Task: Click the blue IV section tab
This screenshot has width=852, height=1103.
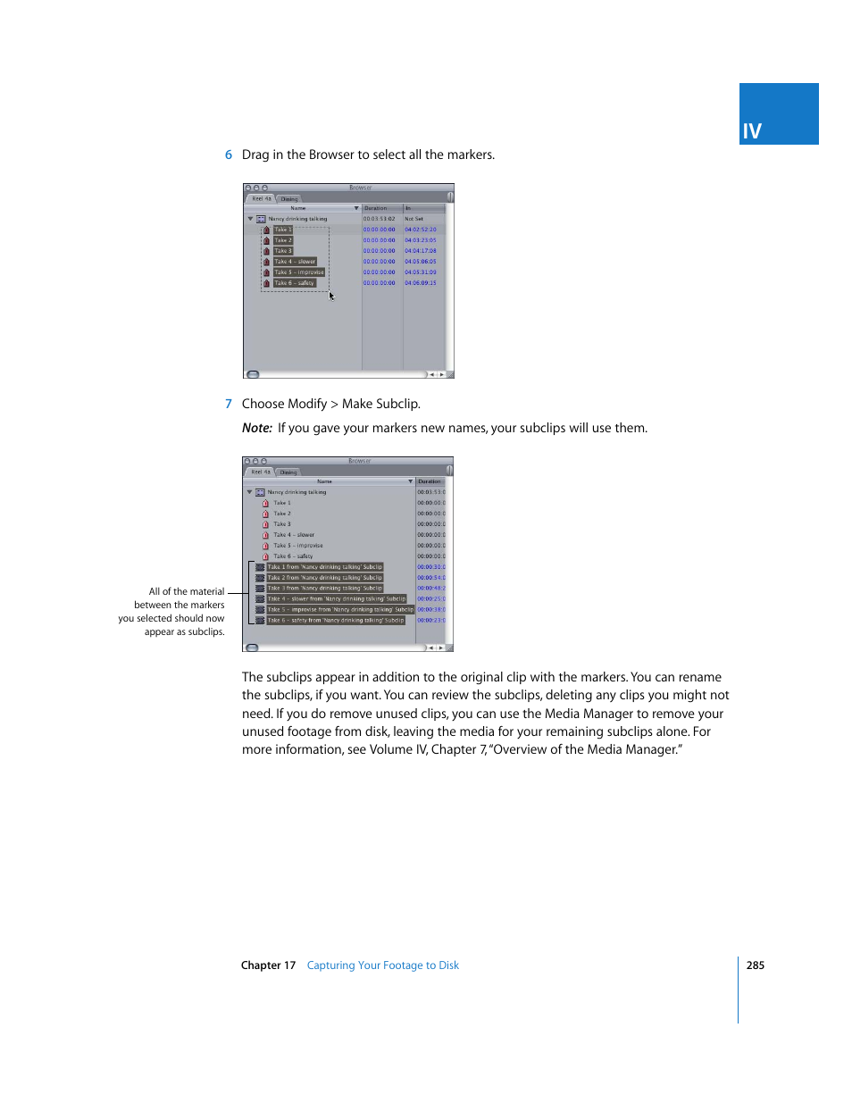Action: click(x=778, y=114)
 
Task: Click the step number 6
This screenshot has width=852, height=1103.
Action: click(x=229, y=155)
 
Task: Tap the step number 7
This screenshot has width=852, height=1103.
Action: click(x=229, y=405)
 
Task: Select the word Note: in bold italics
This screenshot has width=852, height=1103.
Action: click(x=257, y=429)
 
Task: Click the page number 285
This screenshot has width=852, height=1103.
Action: click(x=755, y=965)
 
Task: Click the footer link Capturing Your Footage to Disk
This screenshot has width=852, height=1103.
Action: click(x=382, y=965)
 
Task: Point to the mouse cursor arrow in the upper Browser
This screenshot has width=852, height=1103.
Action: click(x=331, y=296)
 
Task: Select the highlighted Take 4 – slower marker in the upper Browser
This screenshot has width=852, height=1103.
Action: click(x=295, y=262)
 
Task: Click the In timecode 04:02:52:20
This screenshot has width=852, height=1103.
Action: click(x=421, y=230)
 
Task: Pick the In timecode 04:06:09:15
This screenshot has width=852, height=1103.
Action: click(x=421, y=283)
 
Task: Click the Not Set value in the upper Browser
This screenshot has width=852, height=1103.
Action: click(x=413, y=219)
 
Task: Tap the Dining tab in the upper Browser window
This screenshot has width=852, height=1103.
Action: click(x=289, y=199)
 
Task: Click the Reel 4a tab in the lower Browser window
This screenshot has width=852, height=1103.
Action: click(x=260, y=472)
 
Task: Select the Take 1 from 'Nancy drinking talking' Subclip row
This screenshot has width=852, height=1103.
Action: click(x=324, y=567)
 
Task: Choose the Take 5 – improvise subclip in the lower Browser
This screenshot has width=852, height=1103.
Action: click(x=339, y=610)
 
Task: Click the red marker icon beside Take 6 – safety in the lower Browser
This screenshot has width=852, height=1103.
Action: click(x=265, y=556)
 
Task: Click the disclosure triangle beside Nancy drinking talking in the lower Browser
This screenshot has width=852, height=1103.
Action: click(x=249, y=492)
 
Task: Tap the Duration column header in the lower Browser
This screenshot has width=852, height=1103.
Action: click(x=430, y=481)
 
